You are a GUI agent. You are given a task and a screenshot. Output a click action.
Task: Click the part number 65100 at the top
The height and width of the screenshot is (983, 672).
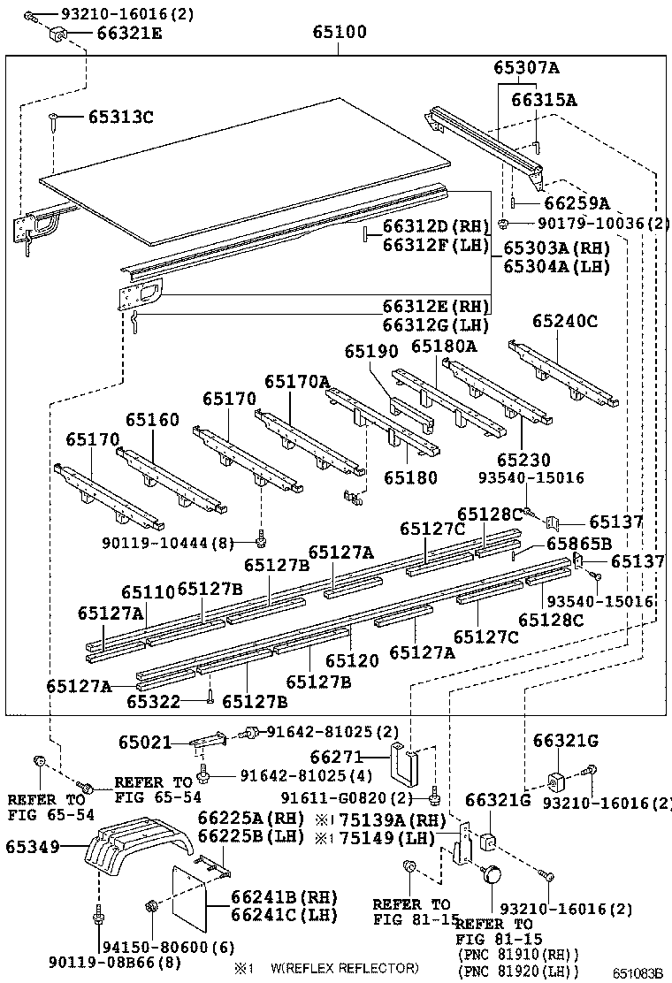click(339, 34)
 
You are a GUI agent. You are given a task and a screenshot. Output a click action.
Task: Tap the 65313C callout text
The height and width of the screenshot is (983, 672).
click(120, 117)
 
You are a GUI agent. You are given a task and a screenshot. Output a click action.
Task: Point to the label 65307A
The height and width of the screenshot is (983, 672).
click(526, 68)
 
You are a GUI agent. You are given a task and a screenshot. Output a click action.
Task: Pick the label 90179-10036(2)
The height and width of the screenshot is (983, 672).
click(593, 224)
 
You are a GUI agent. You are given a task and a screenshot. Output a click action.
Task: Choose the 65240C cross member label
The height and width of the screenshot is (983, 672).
click(565, 322)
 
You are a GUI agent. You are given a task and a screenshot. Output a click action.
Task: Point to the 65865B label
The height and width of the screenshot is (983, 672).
click(578, 544)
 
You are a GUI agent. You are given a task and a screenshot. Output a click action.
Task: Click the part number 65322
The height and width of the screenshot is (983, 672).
click(153, 702)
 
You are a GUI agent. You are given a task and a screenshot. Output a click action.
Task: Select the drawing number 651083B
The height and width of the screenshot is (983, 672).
click(639, 973)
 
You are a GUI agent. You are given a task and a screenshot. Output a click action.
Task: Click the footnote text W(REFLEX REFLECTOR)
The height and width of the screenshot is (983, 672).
click(345, 968)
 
